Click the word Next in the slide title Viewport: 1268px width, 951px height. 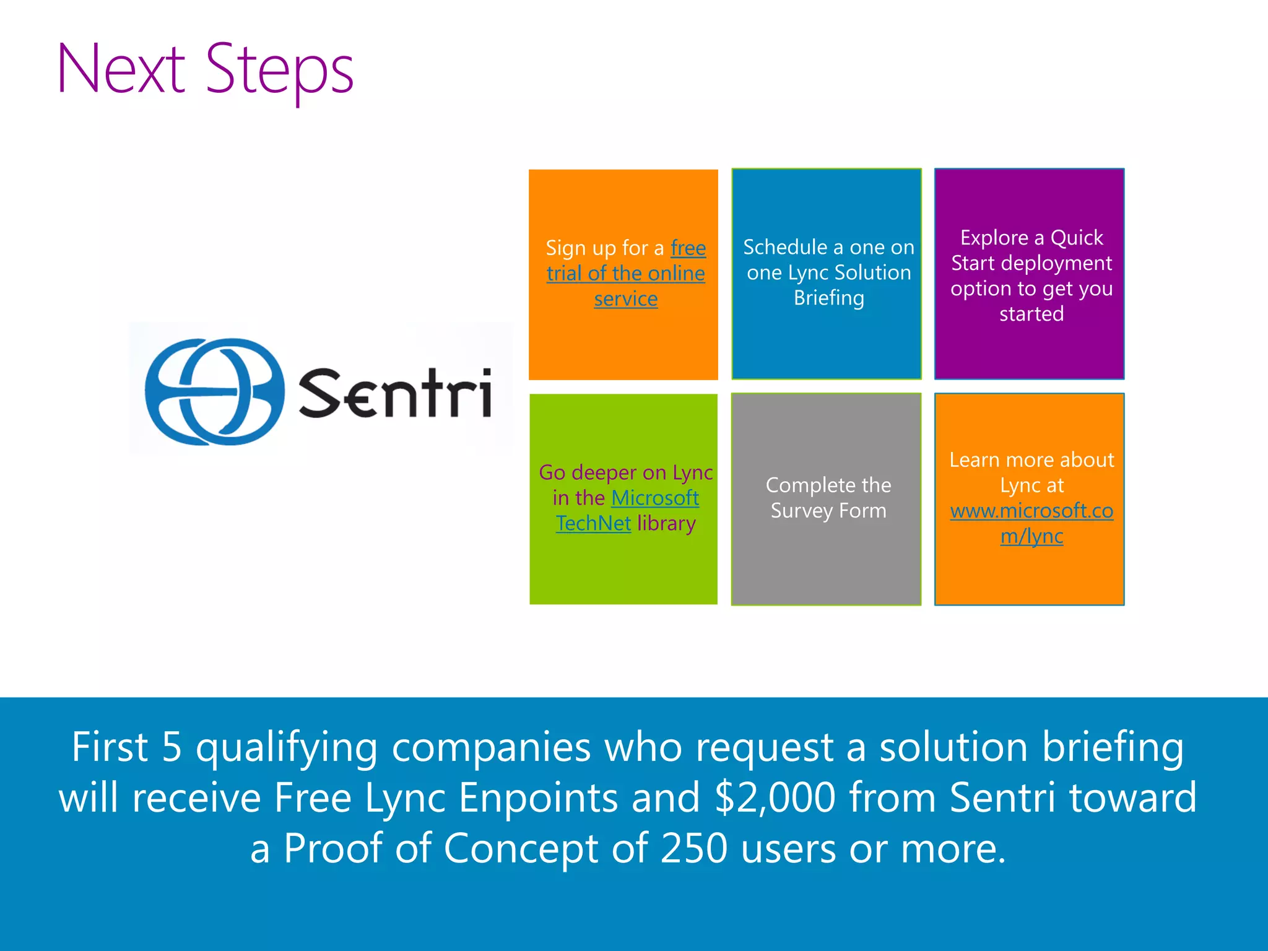[121, 69]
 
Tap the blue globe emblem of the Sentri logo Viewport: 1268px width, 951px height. [214, 391]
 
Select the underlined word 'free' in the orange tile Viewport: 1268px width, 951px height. [688, 248]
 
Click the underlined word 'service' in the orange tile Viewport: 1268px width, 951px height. [625, 299]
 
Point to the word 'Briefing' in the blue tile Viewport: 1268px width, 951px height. [828, 298]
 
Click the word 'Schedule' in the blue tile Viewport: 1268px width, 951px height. [784, 247]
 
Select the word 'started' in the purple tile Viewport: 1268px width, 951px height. [1031, 314]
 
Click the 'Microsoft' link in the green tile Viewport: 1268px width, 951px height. [655, 498]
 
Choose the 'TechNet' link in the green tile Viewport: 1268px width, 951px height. [593, 524]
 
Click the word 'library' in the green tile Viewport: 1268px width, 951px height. [666, 524]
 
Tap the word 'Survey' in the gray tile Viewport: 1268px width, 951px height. [801, 511]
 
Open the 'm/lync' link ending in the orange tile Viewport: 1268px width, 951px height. [1031, 536]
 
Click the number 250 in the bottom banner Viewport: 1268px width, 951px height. [693, 848]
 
